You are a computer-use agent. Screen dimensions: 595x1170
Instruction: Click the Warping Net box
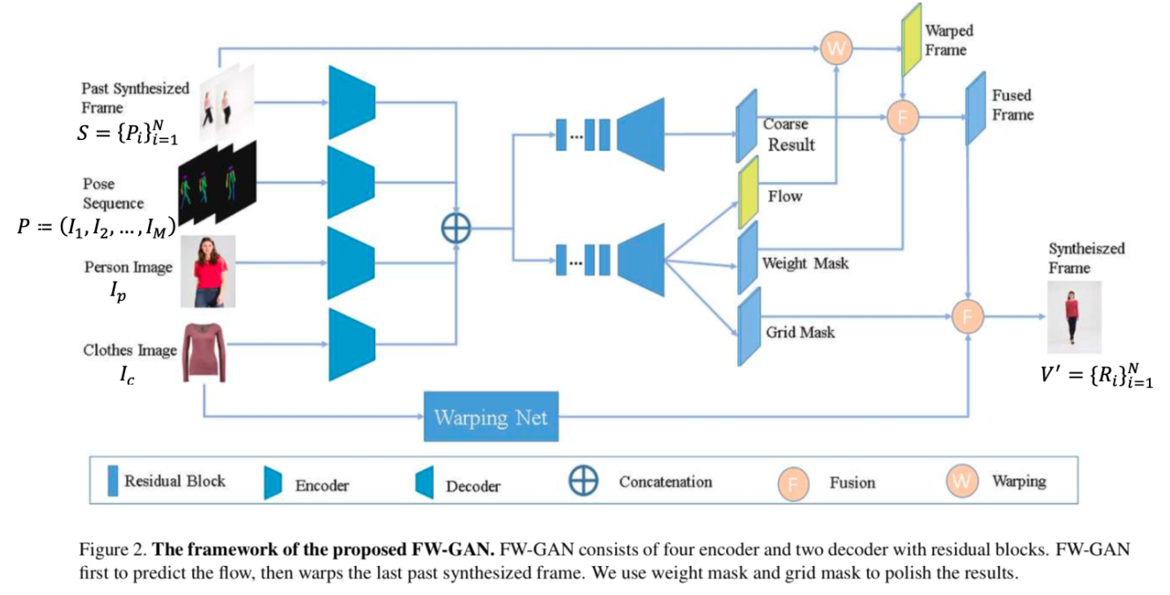pos(491,416)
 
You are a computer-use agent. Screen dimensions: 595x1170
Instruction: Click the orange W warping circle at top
pos(835,49)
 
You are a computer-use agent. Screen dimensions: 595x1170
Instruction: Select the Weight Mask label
pos(805,262)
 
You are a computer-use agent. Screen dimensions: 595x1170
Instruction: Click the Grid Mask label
pos(800,333)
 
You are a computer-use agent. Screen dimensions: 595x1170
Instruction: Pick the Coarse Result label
pos(791,135)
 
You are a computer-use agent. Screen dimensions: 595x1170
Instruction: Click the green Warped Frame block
pos(909,45)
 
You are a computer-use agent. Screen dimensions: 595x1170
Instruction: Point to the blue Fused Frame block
pos(974,109)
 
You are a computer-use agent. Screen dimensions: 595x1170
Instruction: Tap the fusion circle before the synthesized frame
pos(967,316)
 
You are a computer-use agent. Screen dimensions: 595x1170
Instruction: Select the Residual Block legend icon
pos(112,481)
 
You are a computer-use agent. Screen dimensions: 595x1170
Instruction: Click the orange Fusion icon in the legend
pos(792,482)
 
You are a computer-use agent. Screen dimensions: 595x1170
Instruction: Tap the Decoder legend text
pos(473,486)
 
